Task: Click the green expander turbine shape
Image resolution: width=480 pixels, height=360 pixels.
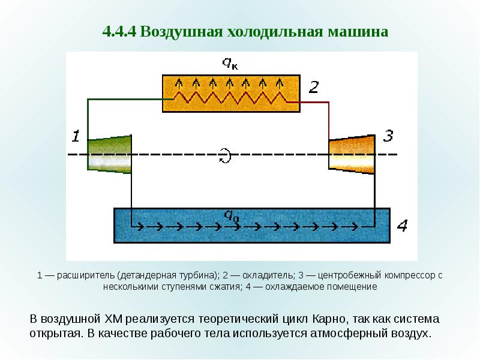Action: [110, 154]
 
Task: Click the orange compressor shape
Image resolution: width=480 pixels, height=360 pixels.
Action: [352, 154]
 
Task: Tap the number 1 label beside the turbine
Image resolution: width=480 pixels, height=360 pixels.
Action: [76, 136]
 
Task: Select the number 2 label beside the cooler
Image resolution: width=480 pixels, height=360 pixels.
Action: [314, 87]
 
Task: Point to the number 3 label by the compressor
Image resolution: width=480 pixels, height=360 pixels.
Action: [388, 136]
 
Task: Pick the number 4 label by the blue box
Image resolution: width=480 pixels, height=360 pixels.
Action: [402, 226]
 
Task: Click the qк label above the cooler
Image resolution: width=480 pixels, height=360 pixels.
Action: [230, 63]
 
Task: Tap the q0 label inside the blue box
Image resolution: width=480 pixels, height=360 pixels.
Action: [232, 215]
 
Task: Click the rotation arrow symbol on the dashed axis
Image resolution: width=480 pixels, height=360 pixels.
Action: [226, 155]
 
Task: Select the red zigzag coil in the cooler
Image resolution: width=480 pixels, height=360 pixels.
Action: [230, 97]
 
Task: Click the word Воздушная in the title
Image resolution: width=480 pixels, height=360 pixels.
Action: [181, 32]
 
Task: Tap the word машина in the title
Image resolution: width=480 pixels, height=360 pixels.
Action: [358, 32]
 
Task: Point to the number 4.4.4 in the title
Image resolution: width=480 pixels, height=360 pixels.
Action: [119, 32]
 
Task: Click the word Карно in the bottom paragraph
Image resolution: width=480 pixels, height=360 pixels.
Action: [329, 319]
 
